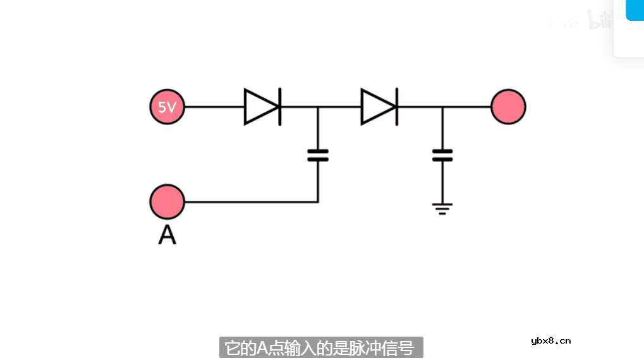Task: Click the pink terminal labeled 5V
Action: [167, 107]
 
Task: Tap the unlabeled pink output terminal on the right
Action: [508, 107]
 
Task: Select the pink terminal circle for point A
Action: [167, 202]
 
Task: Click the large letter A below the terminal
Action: [167, 234]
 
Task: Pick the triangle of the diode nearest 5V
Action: [260, 107]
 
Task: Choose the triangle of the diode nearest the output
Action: [377, 107]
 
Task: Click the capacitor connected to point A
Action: [318, 155]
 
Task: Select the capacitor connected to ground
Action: [442, 155]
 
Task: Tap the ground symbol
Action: [442, 208]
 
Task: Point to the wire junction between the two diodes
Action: [318, 107]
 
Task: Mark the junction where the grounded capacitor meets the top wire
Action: [442, 107]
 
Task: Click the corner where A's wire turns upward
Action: [318, 202]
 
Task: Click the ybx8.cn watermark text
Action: [550, 340]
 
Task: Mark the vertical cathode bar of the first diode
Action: [280, 107]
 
